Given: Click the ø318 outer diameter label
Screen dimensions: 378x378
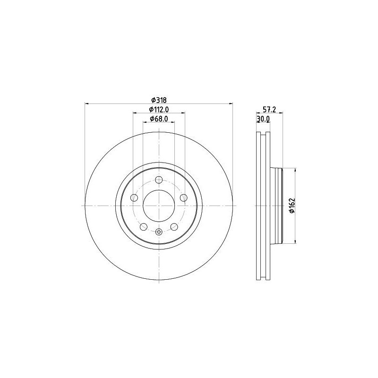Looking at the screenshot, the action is pyautogui.click(x=159, y=100).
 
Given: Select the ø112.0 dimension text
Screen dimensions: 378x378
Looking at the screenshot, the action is pyautogui.click(x=159, y=110).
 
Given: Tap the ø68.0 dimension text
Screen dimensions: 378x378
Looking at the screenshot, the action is pyautogui.click(x=159, y=119).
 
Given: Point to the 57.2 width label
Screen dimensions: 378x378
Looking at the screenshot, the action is pyautogui.click(x=269, y=110).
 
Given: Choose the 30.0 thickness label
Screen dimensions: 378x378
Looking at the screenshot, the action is pyautogui.click(x=263, y=119).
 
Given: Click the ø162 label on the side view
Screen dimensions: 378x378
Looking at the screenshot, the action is pyautogui.click(x=292, y=206).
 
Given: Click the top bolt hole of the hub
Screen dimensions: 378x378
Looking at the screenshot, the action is pyautogui.click(x=159, y=180).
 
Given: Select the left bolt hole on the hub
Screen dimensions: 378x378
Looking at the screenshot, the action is pyautogui.click(x=134, y=198).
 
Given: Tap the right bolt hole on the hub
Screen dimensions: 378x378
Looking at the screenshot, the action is pyautogui.click(x=184, y=198).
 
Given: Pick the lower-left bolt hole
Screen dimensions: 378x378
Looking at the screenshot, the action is pyautogui.click(x=144, y=227).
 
